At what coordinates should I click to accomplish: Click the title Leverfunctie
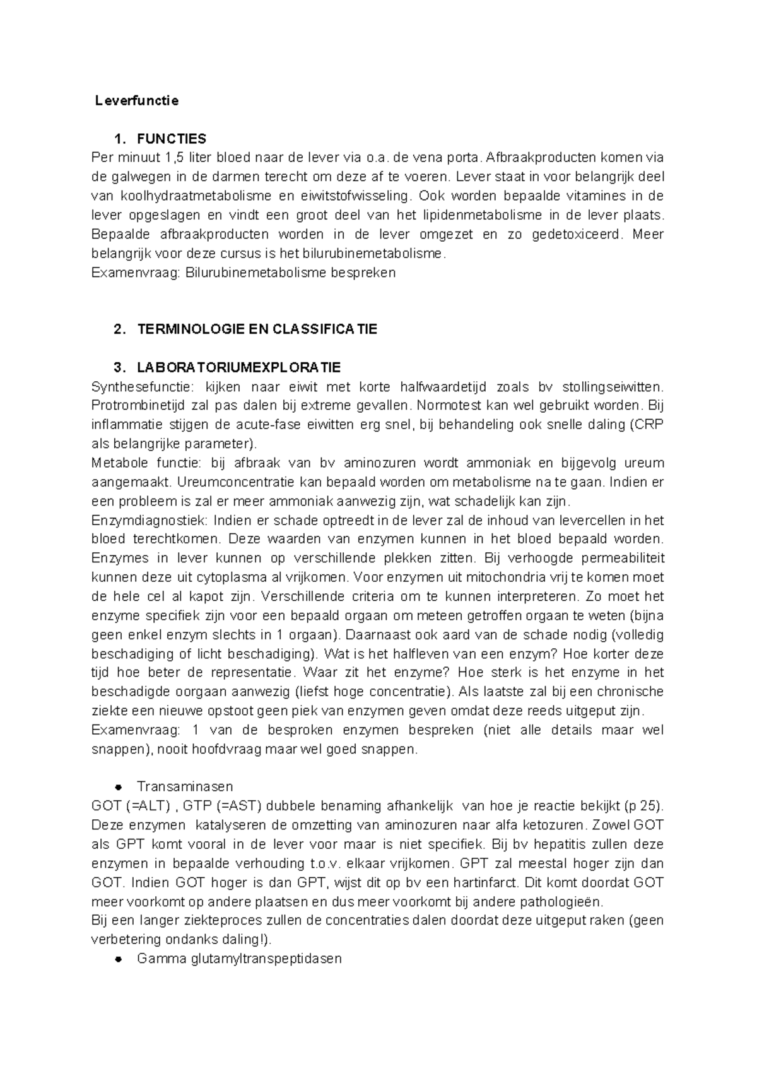[x=137, y=100]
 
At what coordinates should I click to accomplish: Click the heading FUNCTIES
[x=172, y=139]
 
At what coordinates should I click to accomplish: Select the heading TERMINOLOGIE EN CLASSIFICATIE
[x=257, y=329]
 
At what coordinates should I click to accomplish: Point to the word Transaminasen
[x=185, y=787]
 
